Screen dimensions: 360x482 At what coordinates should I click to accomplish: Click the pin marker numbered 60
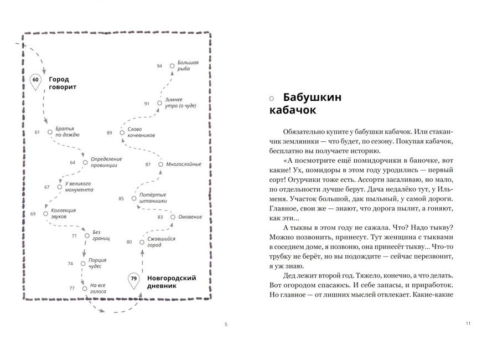[35, 81]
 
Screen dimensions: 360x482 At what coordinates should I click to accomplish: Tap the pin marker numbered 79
[133, 279]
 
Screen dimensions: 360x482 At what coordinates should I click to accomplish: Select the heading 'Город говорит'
[62, 83]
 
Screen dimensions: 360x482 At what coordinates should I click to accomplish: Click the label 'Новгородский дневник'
[171, 281]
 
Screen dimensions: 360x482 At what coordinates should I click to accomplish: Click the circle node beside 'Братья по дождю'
[50, 132]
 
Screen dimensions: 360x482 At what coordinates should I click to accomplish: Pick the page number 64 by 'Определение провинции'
[72, 162]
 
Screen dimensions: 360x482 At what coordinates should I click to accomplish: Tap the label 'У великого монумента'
[77, 187]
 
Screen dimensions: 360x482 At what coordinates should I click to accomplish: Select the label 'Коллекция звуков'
[63, 213]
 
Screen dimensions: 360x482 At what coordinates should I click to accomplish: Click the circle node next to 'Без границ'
[86, 236]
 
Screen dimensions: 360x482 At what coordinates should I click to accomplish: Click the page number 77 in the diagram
[72, 288]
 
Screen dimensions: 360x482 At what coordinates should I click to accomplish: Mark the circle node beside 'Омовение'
[173, 217]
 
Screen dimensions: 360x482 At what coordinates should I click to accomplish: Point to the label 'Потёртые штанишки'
[153, 199]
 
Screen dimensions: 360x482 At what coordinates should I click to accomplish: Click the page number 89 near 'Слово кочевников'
[110, 132]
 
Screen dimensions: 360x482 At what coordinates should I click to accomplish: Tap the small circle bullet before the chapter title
[271, 99]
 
